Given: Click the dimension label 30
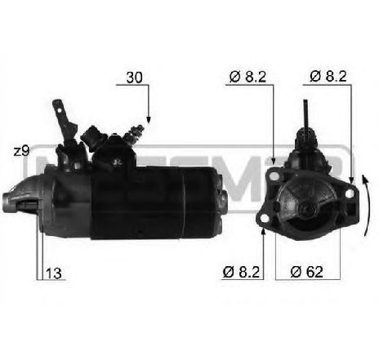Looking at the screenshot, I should coord(136,78).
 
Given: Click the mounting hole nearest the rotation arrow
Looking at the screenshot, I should coord(351,181).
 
